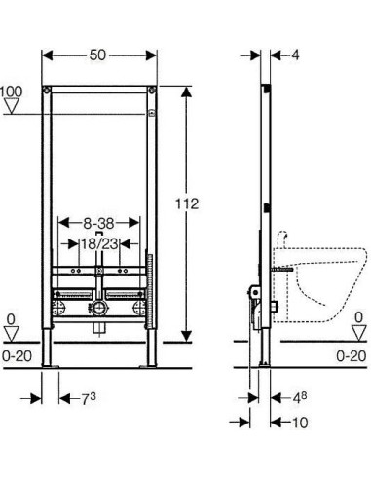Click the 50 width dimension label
[97, 55]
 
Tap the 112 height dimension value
[187, 204]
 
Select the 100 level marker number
[11, 92]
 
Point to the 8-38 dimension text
[98, 223]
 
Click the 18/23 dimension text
[99, 243]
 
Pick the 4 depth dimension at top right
[295, 55]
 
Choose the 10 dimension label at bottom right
[300, 423]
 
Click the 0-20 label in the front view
[17, 356]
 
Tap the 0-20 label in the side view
[352, 356]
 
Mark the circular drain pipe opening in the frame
[98, 307]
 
